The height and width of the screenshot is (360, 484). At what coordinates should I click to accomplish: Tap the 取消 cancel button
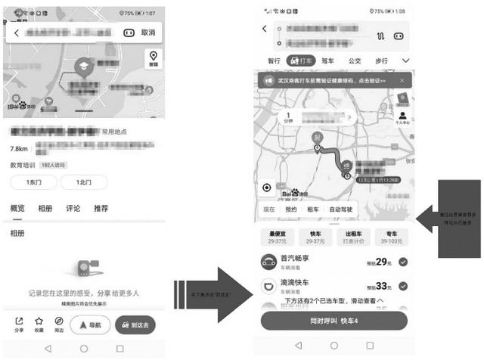pos(147,33)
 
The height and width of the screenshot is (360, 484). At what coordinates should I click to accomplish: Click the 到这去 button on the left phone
pos(135,324)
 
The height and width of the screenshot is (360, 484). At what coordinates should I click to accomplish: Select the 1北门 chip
pos(83,182)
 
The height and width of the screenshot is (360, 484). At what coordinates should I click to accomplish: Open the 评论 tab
pos(73,208)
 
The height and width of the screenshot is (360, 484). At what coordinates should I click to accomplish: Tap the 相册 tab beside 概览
pos(45,208)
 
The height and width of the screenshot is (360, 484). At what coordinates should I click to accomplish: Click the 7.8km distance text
pos(20,149)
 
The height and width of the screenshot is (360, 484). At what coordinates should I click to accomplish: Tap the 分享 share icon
pos(19,324)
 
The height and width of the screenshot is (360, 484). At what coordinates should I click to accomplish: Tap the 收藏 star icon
pos(39,324)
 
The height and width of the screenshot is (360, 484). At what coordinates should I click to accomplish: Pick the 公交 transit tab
pos(354,61)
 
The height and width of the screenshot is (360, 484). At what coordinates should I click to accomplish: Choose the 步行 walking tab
pos(381,61)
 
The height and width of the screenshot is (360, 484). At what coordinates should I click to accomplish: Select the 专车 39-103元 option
pos(392,237)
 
